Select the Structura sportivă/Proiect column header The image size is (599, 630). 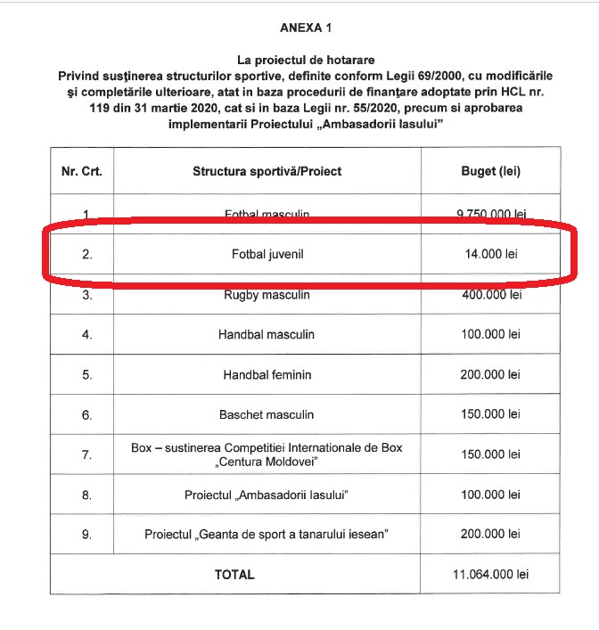pyautogui.click(x=267, y=170)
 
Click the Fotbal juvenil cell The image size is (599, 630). pyautogui.click(x=267, y=255)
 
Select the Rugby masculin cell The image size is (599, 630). pyautogui.click(x=267, y=295)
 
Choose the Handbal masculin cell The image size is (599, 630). pyautogui.click(x=267, y=335)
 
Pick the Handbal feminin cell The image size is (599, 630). pyautogui.click(x=267, y=375)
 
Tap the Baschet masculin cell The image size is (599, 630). pyautogui.click(x=267, y=415)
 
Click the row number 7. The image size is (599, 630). pyautogui.click(x=86, y=454)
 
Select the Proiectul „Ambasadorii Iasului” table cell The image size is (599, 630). pyautogui.click(x=267, y=495)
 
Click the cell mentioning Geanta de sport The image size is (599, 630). pyautogui.click(x=267, y=535)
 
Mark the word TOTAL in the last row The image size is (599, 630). pyautogui.click(x=234, y=575)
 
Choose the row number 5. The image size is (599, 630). pyautogui.click(x=86, y=375)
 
